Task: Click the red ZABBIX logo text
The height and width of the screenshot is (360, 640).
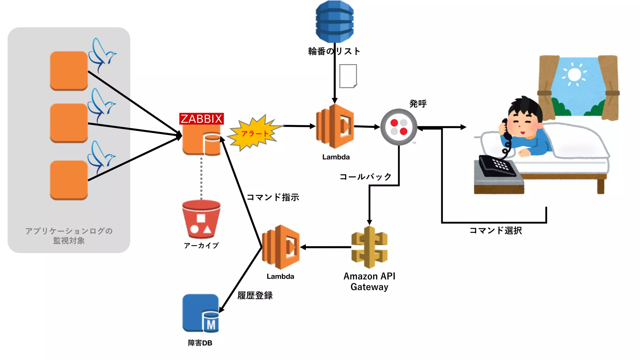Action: coord(201,119)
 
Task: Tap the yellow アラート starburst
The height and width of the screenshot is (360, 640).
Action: coord(254,133)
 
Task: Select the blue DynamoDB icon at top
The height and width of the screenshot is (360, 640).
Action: coord(335,21)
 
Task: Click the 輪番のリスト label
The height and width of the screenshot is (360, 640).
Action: coord(334,51)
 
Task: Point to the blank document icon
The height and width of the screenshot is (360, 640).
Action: coord(348,76)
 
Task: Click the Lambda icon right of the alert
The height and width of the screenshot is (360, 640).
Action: coord(335,126)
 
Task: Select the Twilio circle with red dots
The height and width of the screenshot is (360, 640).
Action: coord(399,127)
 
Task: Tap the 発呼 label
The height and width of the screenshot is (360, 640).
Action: coord(418,103)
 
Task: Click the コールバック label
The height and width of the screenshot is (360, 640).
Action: coord(365,177)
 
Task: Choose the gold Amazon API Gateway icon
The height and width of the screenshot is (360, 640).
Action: coord(369,247)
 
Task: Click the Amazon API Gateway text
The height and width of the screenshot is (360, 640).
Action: coord(369,281)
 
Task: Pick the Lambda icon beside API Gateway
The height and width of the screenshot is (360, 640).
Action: coord(281,247)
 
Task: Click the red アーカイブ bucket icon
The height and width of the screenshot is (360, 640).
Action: coord(201,220)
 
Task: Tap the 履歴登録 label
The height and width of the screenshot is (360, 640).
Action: coord(255,295)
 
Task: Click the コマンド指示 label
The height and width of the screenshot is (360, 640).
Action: coord(273,197)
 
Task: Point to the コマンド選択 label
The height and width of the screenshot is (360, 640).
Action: coord(496,231)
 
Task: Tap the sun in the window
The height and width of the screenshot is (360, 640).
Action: coord(574,75)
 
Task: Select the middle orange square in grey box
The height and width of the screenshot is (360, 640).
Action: coord(69,123)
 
